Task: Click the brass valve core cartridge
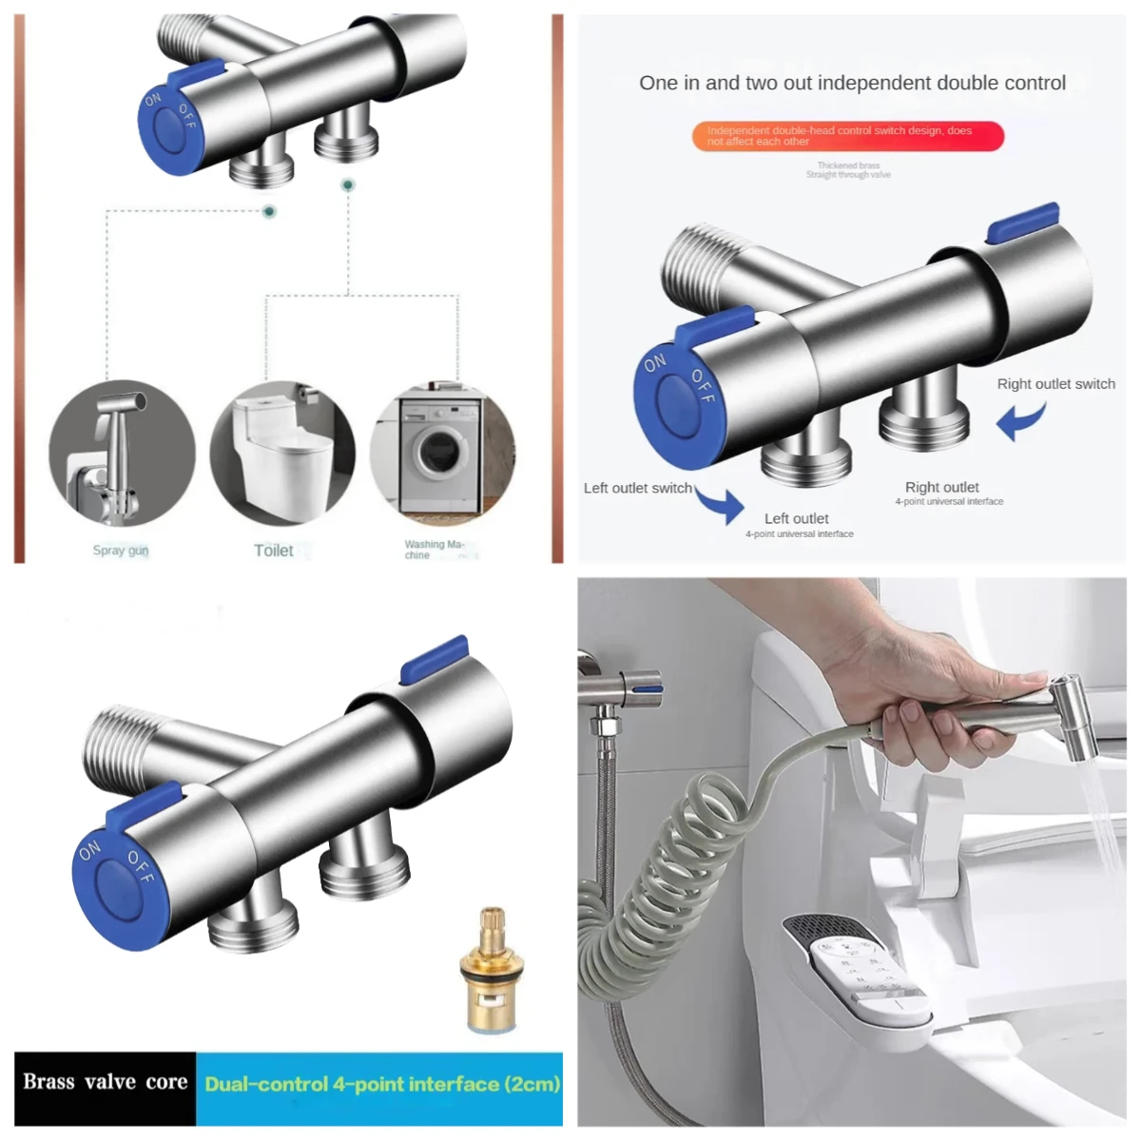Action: click(490, 971)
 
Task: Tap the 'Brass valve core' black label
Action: click(105, 1083)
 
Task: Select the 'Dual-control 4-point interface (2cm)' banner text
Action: click(381, 1085)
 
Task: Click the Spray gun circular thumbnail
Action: click(122, 454)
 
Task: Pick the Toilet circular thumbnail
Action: click(282, 454)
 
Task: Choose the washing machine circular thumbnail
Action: click(442, 454)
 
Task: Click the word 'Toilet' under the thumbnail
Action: click(274, 551)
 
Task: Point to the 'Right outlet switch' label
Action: click(1055, 384)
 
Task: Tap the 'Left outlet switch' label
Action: click(637, 489)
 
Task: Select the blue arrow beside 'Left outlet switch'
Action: click(722, 505)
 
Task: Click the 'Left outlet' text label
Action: click(796, 519)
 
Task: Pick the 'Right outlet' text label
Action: click(941, 487)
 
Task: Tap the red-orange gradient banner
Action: click(847, 136)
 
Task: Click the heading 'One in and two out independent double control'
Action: click(852, 84)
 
